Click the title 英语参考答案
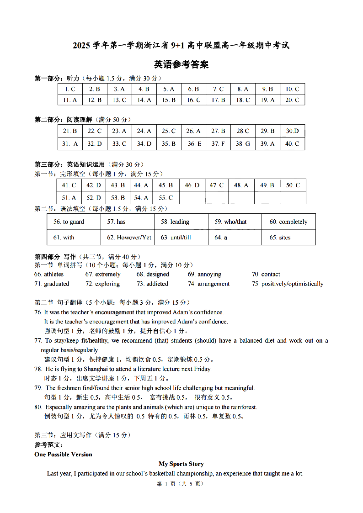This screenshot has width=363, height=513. click(x=181, y=64)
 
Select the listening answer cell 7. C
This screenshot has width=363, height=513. click(x=218, y=89)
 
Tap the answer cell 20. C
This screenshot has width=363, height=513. click(x=292, y=100)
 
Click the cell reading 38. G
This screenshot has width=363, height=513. click(x=243, y=143)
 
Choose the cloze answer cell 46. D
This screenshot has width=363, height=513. click(x=192, y=185)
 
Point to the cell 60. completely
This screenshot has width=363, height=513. click(x=288, y=222)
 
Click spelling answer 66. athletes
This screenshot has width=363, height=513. click(x=49, y=274)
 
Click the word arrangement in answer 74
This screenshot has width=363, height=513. click(x=214, y=284)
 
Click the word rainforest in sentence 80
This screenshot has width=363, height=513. click(x=244, y=407)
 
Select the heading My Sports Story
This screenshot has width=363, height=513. click(x=181, y=464)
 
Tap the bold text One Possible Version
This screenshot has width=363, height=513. click(x=63, y=454)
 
